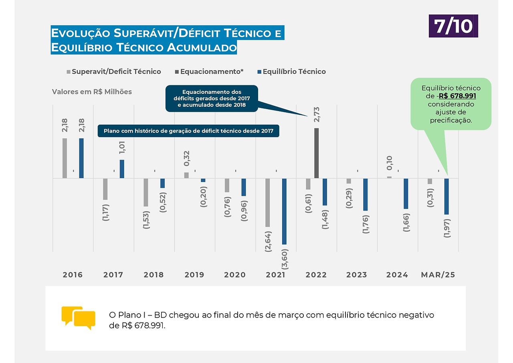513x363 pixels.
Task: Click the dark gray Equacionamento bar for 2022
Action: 316,153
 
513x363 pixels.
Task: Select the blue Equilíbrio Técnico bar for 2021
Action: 284,211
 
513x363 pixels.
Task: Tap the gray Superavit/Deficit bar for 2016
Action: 65,158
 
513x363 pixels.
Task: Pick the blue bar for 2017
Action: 122,169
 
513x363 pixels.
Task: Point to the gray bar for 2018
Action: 146,193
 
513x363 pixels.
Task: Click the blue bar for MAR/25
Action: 446,197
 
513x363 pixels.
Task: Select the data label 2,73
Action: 317,115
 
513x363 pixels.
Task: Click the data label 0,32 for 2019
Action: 187,158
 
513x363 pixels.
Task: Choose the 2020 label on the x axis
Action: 235,275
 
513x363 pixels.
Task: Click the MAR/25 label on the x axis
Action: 438,275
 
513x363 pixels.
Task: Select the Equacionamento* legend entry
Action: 209,71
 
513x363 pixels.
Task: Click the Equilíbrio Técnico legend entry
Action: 291,71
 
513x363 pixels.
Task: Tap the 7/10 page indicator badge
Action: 453,26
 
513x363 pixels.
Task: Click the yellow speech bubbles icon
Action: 78,318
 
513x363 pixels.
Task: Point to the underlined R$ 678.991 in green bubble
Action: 457,96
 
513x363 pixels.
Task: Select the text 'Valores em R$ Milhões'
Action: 92,92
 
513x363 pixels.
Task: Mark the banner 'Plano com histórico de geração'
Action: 188,131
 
